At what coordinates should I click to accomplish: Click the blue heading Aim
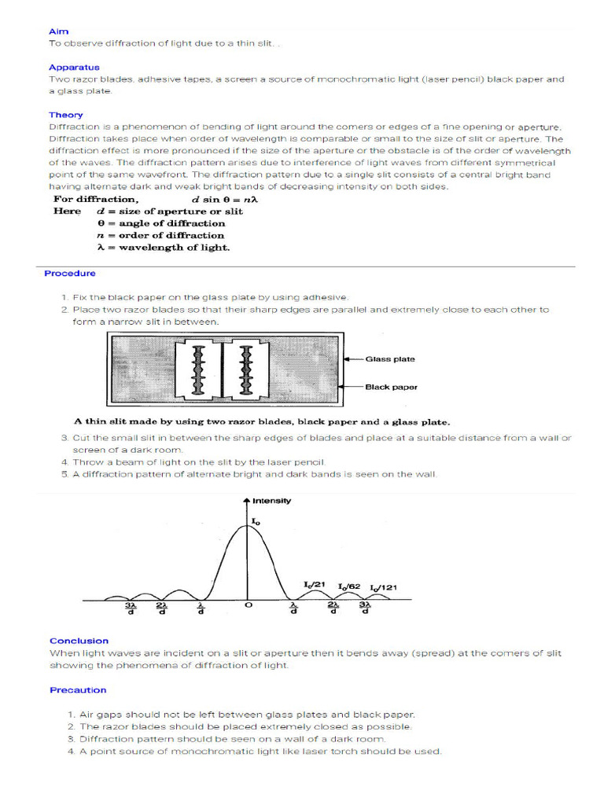[59, 31]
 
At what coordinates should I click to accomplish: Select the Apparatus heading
[74, 68]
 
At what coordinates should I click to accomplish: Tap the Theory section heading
[66, 115]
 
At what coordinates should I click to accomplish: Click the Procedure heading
[70, 274]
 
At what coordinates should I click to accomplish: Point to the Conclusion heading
[79, 641]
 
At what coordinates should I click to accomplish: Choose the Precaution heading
[77, 690]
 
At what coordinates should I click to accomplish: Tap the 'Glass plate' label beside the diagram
[390, 359]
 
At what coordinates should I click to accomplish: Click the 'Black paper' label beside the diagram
[391, 387]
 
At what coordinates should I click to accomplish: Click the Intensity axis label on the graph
[271, 501]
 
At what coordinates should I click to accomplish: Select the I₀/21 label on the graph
[315, 585]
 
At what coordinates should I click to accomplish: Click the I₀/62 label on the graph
[349, 586]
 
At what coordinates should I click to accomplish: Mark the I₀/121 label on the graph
[384, 586]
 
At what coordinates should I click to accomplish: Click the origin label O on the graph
[248, 605]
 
